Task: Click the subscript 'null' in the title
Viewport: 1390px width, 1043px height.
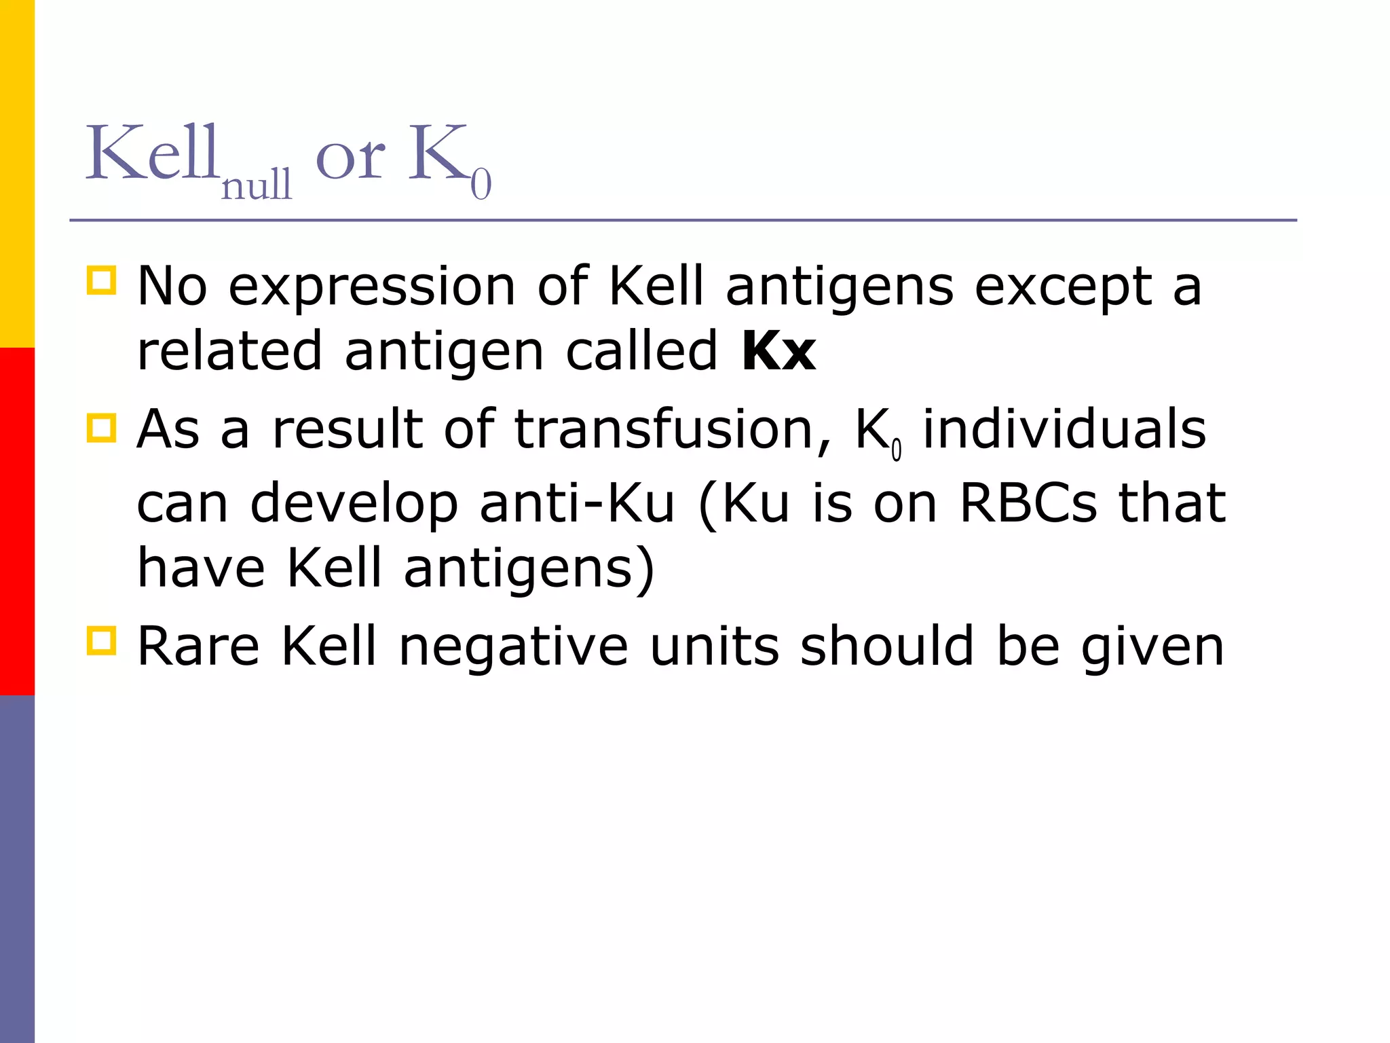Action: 257,185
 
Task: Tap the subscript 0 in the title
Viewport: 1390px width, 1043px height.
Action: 481,185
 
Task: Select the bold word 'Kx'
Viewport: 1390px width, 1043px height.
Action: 778,351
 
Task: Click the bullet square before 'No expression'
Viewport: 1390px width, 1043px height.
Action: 101,280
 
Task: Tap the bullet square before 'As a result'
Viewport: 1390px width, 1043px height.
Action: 101,428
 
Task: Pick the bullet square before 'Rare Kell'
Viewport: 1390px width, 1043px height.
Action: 101,640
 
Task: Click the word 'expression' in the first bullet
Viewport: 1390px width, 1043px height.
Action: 372,287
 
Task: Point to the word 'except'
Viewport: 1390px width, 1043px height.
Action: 1064,287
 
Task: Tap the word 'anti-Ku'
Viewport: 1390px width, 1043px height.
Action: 577,503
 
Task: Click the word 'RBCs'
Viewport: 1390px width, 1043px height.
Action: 1028,503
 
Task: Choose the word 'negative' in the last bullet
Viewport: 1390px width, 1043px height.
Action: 513,646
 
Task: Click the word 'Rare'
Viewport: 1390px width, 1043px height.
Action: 198,646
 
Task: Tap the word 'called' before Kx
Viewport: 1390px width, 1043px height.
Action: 641,351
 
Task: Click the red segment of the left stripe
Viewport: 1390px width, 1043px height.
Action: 17,521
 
